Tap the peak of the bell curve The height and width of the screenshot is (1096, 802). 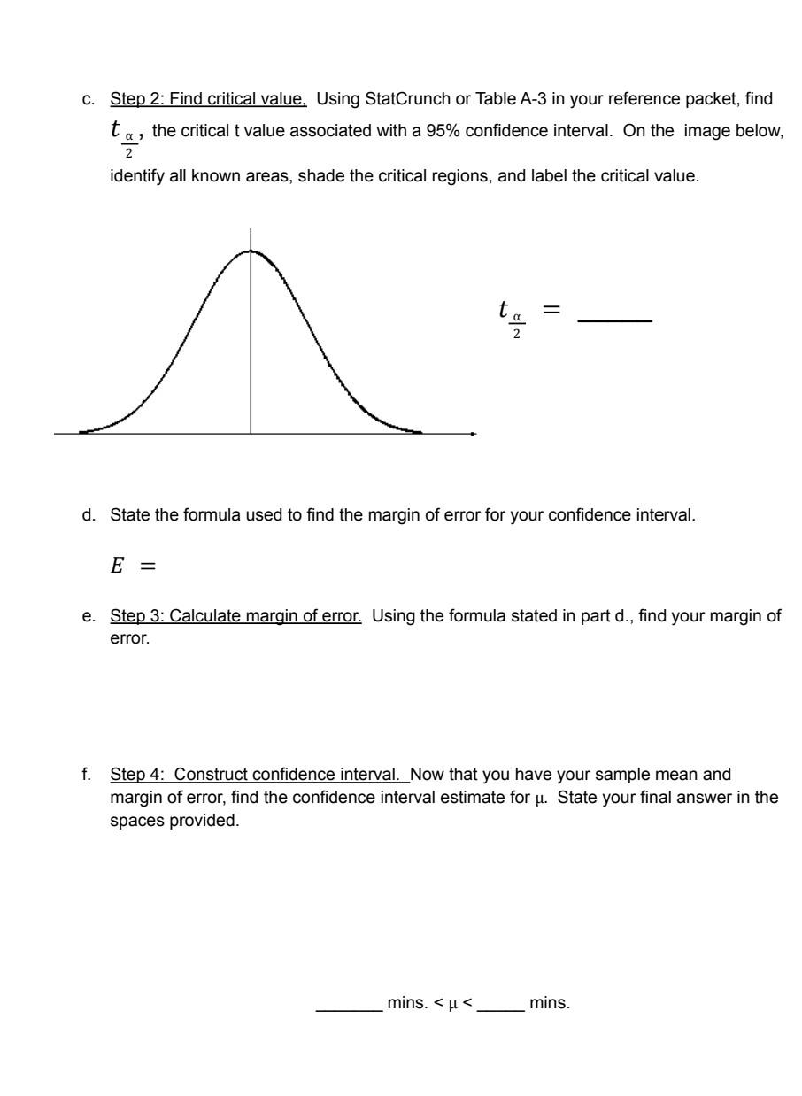(251, 251)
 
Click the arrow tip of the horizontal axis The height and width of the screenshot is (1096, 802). (474, 434)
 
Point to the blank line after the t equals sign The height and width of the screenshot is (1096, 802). (614, 320)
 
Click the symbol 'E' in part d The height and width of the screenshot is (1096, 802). (115, 566)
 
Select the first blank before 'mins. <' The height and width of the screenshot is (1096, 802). (348, 981)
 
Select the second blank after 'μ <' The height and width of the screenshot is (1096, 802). (500, 981)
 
